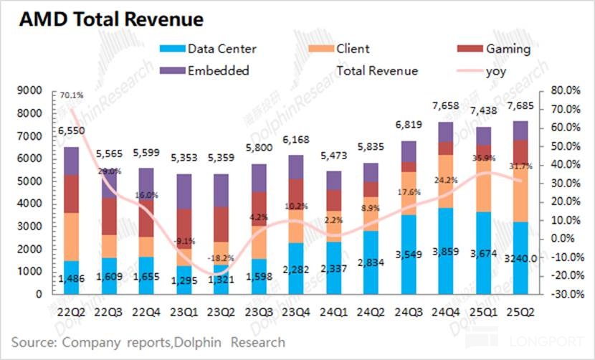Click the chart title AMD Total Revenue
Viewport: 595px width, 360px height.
tap(110, 19)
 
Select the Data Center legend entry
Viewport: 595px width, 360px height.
tap(221, 49)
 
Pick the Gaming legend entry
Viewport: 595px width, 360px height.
tap(508, 49)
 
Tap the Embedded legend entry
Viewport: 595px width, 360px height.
tap(217, 70)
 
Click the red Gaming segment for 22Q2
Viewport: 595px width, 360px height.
tap(72, 194)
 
